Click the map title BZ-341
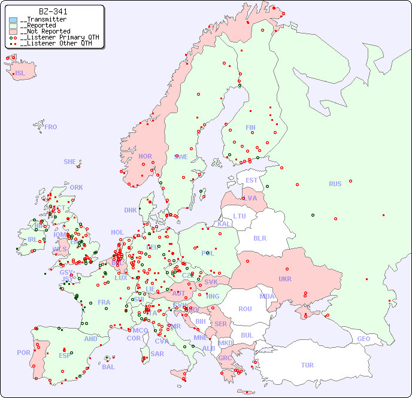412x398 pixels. (x=53, y=11)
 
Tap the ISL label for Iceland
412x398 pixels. (x=20, y=74)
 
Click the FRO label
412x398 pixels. (x=51, y=127)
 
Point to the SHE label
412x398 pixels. (x=70, y=162)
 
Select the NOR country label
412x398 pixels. (x=145, y=156)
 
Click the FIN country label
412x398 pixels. (x=250, y=127)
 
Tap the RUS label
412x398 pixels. (x=335, y=184)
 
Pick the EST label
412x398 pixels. (x=252, y=180)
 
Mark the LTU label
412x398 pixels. (x=240, y=216)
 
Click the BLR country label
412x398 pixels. (x=259, y=238)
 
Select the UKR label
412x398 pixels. (x=285, y=279)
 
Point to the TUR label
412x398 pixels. (x=307, y=365)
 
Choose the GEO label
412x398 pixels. (x=363, y=339)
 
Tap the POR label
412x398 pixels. (x=23, y=353)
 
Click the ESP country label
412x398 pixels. (x=65, y=356)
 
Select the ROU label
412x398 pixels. (x=245, y=309)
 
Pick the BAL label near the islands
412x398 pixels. (x=108, y=367)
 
